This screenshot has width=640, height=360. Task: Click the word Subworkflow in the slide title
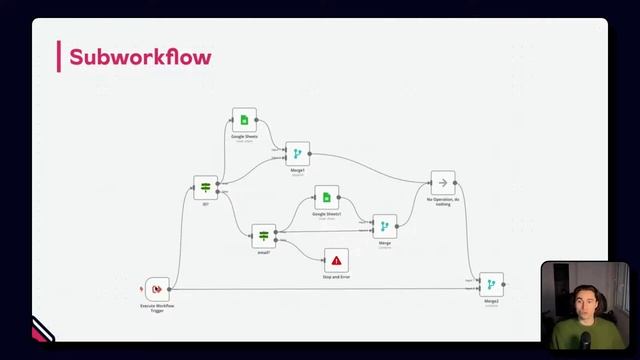139,57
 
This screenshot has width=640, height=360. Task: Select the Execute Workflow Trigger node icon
157,289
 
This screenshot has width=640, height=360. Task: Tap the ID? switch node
206,187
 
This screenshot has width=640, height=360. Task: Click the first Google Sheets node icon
244,120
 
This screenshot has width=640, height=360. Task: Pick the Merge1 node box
297,153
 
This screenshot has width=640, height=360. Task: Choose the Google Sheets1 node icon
326,197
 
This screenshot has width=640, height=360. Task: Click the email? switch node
263,235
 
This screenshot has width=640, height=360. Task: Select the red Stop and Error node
336,260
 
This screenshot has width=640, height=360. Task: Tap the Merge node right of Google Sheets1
384,226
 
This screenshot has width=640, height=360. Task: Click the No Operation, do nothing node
443,183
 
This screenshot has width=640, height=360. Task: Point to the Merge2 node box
491,285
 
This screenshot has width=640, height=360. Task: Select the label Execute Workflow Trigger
157,307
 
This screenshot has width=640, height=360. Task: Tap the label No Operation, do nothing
443,201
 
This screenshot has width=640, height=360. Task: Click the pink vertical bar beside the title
60,57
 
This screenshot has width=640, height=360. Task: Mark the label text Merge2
491,301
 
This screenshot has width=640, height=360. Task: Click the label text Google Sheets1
326,214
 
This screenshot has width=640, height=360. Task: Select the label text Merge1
297,170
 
